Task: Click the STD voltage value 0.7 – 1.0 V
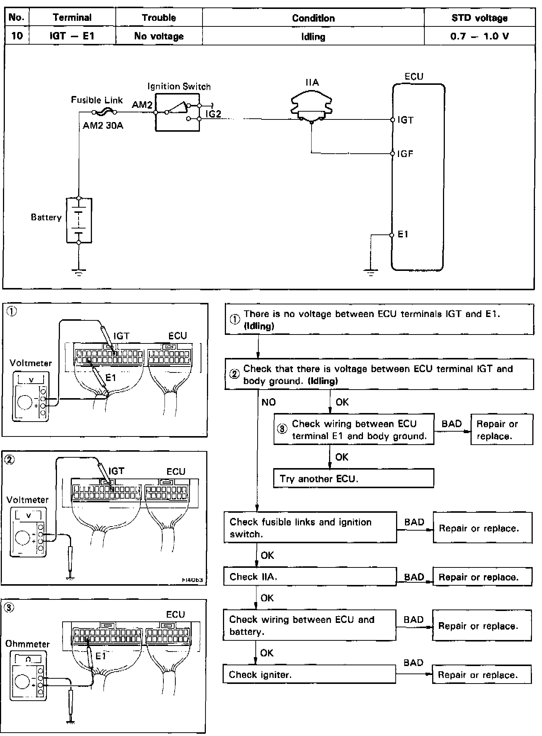pyautogui.click(x=479, y=36)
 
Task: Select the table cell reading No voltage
pyautogui.click(x=159, y=36)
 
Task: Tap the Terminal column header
pyautogui.click(x=72, y=17)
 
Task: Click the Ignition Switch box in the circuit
pyautogui.click(x=178, y=112)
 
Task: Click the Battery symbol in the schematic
pyautogui.click(x=79, y=220)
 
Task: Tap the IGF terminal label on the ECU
pyautogui.click(x=405, y=154)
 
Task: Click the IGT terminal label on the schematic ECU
pyautogui.click(x=405, y=120)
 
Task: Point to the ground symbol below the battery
pyautogui.click(x=79, y=272)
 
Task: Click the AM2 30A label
pyautogui.click(x=103, y=125)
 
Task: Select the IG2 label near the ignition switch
pyautogui.click(x=213, y=114)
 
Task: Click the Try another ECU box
pyautogui.click(x=354, y=478)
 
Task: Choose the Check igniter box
pyautogui.click(x=309, y=675)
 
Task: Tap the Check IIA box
pyautogui.click(x=310, y=577)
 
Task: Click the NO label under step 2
pyautogui.click(x=268, y=402)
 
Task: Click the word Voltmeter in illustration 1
pyautogui.click(x=31, y=363)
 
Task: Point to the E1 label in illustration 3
pyautogui.click(x=101, y=656)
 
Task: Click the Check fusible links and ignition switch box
pyautogui.click(x=310, y=528)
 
